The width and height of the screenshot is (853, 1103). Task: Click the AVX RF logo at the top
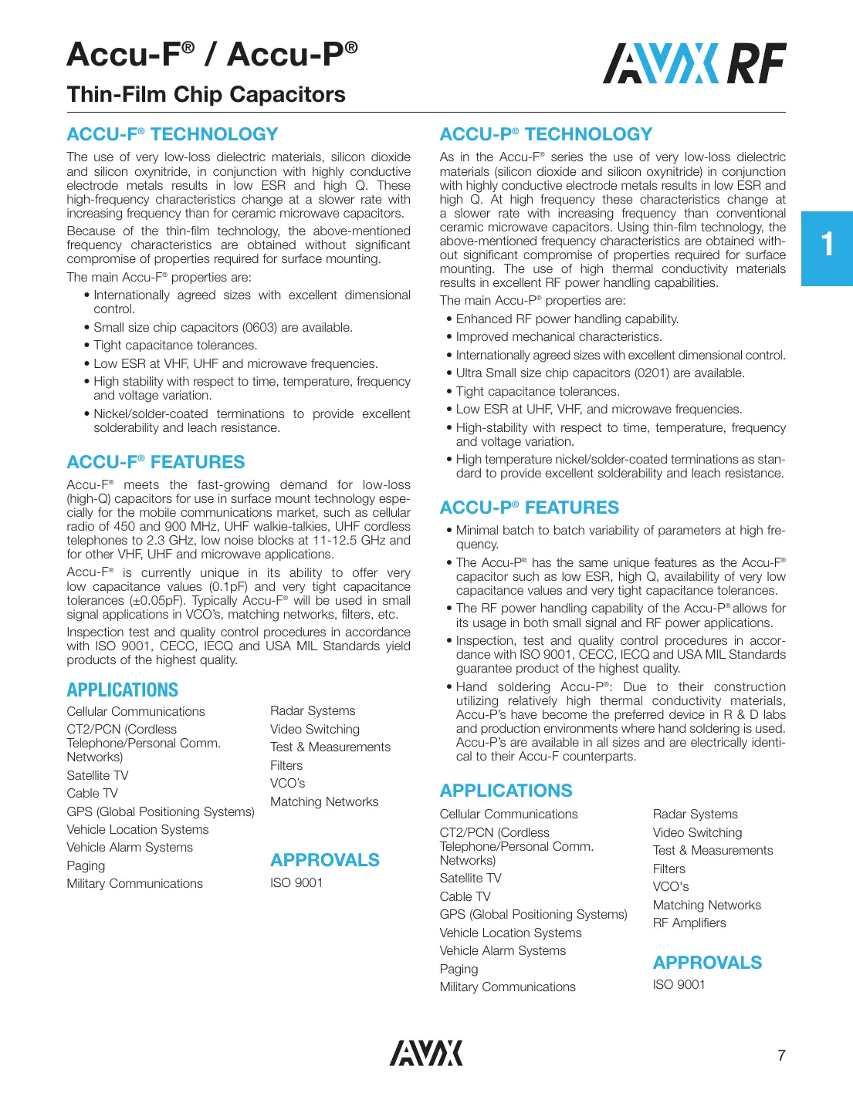[x=694, y=63]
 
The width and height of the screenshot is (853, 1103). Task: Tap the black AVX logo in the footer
[x=426, y=1053]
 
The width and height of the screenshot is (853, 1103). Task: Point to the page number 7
[x=781, y=1055]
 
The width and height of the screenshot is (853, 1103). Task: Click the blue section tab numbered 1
[x=827, y=248]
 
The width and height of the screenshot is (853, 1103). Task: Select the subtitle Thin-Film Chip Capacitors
[x=206, y=94]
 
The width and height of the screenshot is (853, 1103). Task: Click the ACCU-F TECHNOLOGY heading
[x=172, y=134]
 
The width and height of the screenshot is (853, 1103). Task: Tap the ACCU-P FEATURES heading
[x=529, y=508]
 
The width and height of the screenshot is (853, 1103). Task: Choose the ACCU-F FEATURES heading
[x=156, y=462]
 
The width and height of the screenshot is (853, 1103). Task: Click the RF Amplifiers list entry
[x=689, y=923]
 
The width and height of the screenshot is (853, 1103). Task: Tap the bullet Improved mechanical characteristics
[x=558, y=337]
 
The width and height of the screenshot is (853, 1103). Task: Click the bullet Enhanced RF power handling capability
[x=567, y=319]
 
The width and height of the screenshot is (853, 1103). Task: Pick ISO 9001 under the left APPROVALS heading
[x=296, y=882]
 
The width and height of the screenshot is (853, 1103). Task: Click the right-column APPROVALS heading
[x=707, y=963]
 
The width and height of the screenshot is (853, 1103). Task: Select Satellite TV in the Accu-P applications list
[x=470, y=878]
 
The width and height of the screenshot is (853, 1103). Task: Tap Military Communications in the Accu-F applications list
[x=135, y=883]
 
